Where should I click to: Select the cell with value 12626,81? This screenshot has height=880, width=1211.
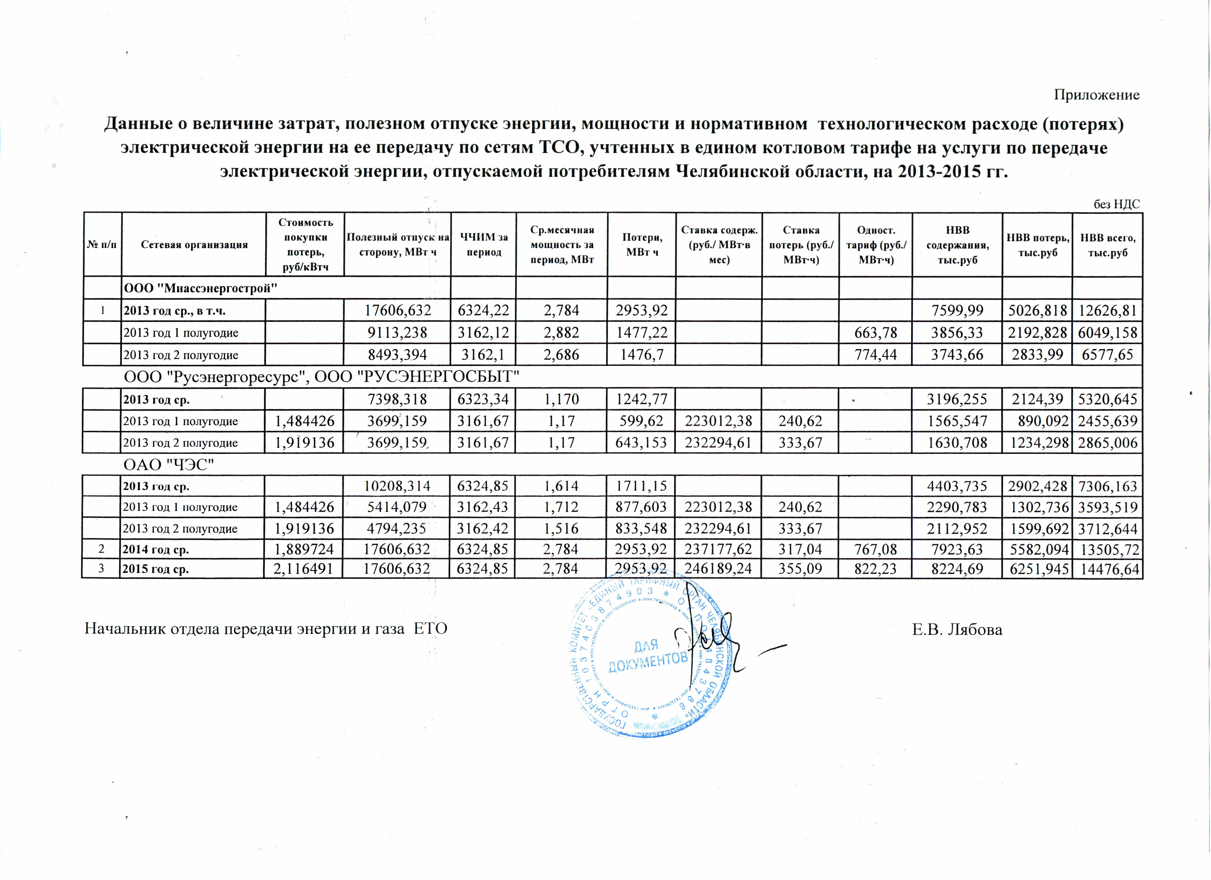pos(1107,311)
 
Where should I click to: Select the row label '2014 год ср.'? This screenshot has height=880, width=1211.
pos(156,549)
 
